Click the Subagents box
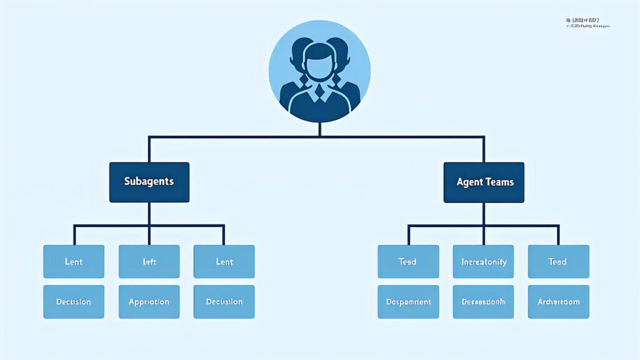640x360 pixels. tap(149, 182)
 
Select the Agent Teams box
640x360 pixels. tap(484, 182)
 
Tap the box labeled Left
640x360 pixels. tap(149, 261)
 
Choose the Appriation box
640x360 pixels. tap(149, 301)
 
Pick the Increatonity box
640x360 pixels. tap(483, 261)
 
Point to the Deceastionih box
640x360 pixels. tap(483, 301)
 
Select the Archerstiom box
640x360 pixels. tap(558, 301)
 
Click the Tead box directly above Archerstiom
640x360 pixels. tap(558, 261)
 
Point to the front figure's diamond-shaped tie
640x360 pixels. tap(319, 93)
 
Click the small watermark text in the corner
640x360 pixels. tap(587, 23)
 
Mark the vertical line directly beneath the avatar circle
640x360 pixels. tap(319, 129)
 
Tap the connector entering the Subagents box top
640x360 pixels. tap(149, 150)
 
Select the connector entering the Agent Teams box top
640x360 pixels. tap(484, 150)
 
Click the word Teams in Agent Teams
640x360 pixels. tap(499, 182)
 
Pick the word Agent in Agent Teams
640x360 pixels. tap(470, 182)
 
